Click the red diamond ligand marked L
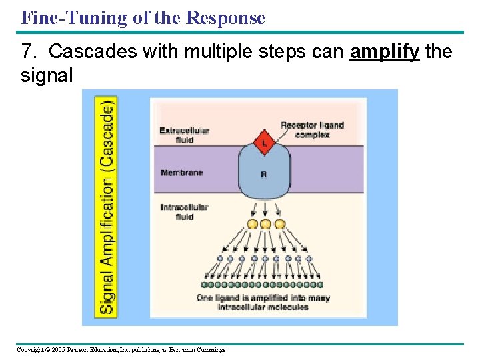tap(264, 143)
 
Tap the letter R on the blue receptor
tap(265, 175)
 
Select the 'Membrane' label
tap(181, 173)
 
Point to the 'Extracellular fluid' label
tap(184, 135)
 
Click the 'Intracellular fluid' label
tap(184, 212)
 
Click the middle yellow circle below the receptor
tap(265, 225)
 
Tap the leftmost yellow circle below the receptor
tap(252, 225)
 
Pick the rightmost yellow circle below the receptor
tap(279, 225)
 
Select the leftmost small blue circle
tap(221, 259)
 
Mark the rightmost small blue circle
tap(310, 259)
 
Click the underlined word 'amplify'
tap(384, 52)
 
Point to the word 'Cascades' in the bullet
tap(85, 52)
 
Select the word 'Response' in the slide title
tap(225, 18)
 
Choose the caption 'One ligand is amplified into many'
tap(264, 298)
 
